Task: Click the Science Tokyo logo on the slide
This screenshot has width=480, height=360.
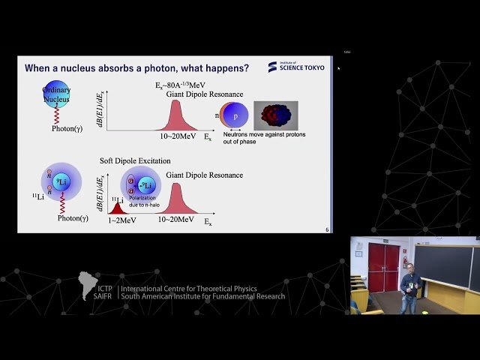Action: pyautogui.click(x=296, y=67)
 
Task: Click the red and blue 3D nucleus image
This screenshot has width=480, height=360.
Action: pyautogui.click(x=275, y=115)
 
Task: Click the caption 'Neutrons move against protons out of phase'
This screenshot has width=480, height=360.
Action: pyautogui.click(x=262, y=139)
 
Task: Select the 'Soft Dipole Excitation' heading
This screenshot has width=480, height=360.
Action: pyautogui.click(x=135, y=161)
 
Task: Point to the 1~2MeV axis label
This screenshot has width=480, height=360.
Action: pyautogui.click(x=115, y=220)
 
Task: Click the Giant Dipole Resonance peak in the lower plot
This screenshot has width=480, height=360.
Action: pyautogui.click(x=175, y=199)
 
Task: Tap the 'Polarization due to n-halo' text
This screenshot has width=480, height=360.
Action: pyautogui.click(x=142, y=201)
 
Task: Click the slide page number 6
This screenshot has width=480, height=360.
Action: pyautogui.click(x=327, y=229)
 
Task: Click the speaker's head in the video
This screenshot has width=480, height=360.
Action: pyautogui.click(x=409, y=266)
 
